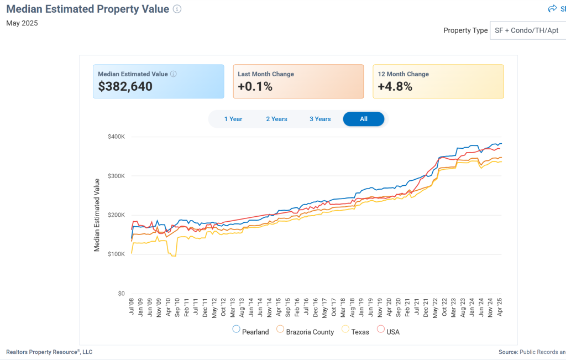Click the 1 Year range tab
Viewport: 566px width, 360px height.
click(233, 119)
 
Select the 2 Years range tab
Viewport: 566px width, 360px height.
click(276, 119)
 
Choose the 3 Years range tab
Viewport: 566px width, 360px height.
click(320, 119)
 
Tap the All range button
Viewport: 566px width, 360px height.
click(363, 119)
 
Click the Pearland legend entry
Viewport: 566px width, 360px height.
click(251, 332)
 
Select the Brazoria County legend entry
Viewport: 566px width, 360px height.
click(305, 332)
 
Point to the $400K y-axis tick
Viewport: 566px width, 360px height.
click(116, 137)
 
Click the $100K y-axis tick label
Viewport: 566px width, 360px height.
click(116, 254)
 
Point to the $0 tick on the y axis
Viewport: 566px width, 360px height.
click(120, 294)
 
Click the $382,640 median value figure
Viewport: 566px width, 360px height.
click(125, 86)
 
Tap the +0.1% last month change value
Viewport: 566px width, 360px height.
click(255, 86)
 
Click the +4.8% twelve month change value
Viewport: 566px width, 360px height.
click(395, 86)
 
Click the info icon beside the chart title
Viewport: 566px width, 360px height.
click(177, 9)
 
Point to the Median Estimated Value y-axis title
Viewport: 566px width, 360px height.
click(97, 215)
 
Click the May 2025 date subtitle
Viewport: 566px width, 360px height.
click(22, 23)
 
